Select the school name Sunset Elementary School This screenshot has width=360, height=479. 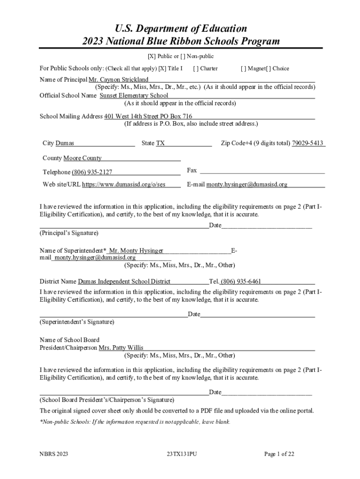(134, 95)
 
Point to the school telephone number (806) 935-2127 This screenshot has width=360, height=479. (92, 172)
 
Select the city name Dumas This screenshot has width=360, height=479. (65, 143)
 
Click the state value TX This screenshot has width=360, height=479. (160, 143)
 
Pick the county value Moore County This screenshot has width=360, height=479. (82, 158)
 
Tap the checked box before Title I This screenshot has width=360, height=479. (162, 68)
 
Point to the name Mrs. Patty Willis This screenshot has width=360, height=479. (121, 348)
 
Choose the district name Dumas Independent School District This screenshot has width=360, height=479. (124, 282)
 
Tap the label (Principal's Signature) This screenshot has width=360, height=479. (69, 232)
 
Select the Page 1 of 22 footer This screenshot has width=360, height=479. (279, 454)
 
